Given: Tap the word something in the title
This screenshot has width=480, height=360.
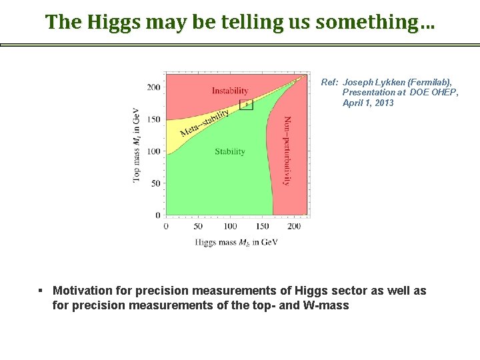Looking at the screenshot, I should click(x=375, y=21).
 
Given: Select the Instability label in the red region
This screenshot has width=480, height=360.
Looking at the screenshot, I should click(x=230, y=91).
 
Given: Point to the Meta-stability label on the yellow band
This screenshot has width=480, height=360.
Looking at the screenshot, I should click(x=204, y=121).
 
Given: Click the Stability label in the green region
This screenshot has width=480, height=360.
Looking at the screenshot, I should click(x=230, y=151).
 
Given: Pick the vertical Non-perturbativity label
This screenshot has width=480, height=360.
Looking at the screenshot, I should click(x=288, y=151).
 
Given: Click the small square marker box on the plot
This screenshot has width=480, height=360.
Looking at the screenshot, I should click(x=246, y=104).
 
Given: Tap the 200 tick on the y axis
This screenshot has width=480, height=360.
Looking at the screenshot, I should click(x=153, y=87).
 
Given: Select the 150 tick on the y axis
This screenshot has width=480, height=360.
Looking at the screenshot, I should click(x=153, y=119).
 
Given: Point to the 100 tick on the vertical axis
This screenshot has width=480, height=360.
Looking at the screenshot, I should click(x=153, y=151).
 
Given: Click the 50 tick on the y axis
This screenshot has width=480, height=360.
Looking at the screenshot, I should click(x=155, y=183).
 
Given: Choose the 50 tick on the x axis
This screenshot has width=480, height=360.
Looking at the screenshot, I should click(x=198, y=227).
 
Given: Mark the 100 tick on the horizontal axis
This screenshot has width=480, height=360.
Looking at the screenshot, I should click(x=230, y=227).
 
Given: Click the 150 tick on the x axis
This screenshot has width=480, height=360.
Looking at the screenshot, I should click(x=262, y=227).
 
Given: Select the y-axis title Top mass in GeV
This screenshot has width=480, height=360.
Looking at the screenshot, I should click(x=137, y=143).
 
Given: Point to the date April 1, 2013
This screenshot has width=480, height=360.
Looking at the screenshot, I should click(x=368, y=103).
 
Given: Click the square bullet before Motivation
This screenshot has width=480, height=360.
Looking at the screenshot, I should click(x=41, y=291).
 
